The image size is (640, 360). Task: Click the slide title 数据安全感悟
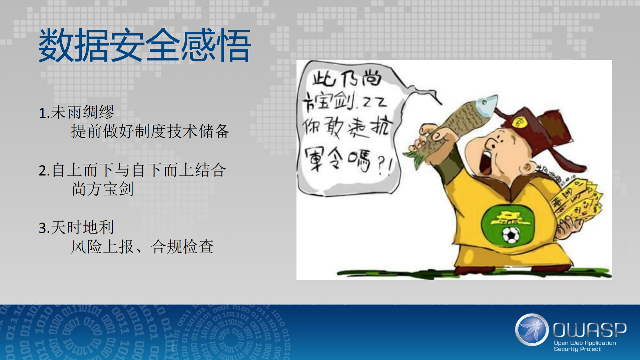tap(145, 46)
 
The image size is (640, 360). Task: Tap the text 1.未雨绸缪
tap(76, 112)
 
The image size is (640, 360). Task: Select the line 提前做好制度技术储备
tap(150, 131)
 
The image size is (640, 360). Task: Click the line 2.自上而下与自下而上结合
tap(132, 170)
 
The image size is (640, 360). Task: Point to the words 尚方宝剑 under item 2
tap(102, 189)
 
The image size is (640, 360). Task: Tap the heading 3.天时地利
tap(76, 228)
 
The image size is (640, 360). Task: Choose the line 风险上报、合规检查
tap(142, 247)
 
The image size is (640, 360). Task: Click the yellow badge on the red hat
tap(518, 122)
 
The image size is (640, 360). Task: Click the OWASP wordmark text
tap(590, 330)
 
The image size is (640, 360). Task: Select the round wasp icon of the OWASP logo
tap(532, 329)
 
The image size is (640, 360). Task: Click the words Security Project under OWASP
tap(577, 349)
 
